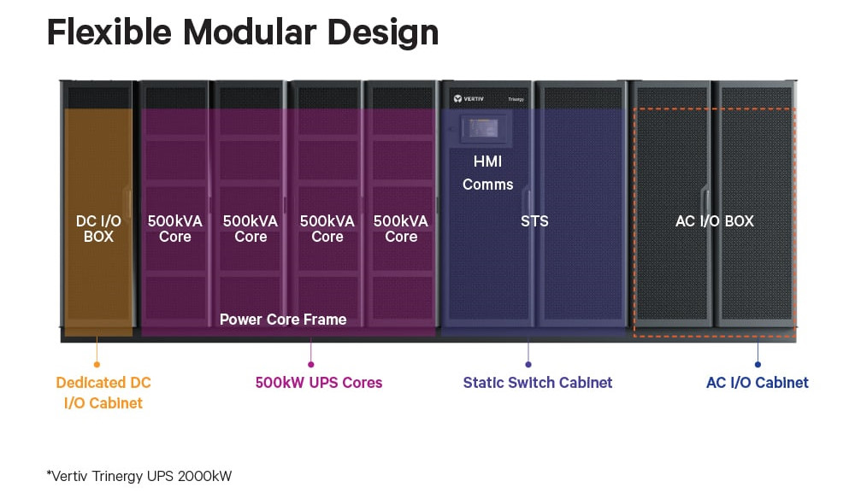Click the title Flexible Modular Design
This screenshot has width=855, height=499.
[243, 32]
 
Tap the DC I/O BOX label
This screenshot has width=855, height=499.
[98, 229]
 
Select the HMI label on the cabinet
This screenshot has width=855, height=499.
[487, 161]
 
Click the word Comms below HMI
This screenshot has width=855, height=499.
[488, 185]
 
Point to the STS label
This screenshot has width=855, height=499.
[534, 221]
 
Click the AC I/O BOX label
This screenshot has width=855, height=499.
[714, 221]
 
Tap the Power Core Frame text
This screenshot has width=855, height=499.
[283, 320]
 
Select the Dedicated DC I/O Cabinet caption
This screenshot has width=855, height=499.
[103, 393]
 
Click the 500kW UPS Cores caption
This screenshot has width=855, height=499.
[319, 383]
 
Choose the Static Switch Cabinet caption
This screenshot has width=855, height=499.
[538, 383]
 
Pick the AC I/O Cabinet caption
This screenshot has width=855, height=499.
[758, 383]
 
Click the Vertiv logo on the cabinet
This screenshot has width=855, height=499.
[469, 98]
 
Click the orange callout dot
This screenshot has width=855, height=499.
[97, 365]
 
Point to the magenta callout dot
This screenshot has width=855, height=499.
[311, 365]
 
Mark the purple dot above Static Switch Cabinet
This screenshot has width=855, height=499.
[528, 365]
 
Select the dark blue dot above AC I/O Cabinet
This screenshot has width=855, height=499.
[758, 365]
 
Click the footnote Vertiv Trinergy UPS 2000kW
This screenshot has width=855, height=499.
[139, 476]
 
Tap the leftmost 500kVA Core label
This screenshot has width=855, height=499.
[175, 229]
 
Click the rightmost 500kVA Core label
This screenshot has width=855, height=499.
[401, 229]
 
